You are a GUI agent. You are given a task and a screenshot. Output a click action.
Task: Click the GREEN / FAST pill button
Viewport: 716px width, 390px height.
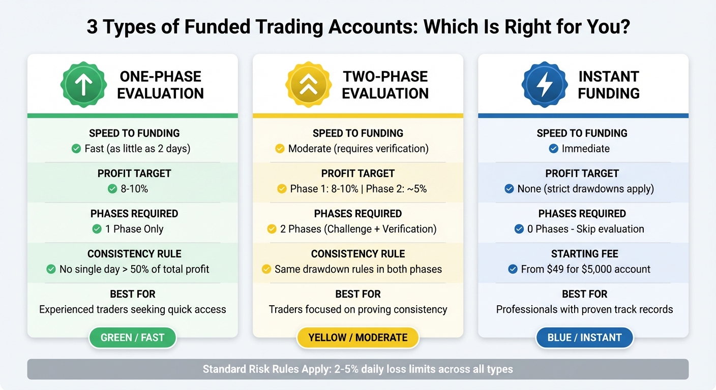(x=132, y=338)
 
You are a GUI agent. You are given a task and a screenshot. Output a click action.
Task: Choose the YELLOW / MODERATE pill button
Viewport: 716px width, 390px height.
(x=357, y=338)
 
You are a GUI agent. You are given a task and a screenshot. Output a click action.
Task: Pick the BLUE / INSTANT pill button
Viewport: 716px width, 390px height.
(x=584, y=338)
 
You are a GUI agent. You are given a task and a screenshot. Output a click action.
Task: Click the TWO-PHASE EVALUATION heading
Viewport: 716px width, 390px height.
(x=385, y=85)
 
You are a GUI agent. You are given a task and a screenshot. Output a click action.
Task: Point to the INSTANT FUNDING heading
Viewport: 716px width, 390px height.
(x=608, y=85)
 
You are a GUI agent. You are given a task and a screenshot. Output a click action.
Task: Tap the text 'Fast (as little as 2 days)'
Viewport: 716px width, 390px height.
(x=137, y=149)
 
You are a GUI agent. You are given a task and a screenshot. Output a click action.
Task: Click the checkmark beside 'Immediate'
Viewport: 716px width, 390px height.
(x=554, y=149)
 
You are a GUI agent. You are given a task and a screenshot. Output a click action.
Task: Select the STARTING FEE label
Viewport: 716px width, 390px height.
(x=584, y=254)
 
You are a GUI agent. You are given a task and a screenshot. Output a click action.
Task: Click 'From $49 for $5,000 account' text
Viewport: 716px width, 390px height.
(x=585, y=269)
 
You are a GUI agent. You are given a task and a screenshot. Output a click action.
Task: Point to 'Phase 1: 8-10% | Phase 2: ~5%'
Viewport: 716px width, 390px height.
(x=358, y=189)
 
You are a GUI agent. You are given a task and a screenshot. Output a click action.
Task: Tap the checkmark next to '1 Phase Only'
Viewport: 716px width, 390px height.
(x=97, y=229)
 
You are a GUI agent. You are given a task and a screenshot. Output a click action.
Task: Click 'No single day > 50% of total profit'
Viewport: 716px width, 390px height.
(x=134, y=269)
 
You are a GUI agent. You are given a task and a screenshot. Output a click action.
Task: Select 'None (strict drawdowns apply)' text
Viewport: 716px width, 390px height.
(x=585, y=189)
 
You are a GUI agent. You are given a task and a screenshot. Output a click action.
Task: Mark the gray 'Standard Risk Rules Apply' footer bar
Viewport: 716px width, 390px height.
(x=357, y=369)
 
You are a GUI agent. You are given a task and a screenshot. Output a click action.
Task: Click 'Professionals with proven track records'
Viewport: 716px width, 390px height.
(x=584, y=309)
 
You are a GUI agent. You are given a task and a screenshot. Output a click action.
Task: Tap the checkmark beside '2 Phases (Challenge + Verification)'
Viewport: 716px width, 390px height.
(x=272, y=229)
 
